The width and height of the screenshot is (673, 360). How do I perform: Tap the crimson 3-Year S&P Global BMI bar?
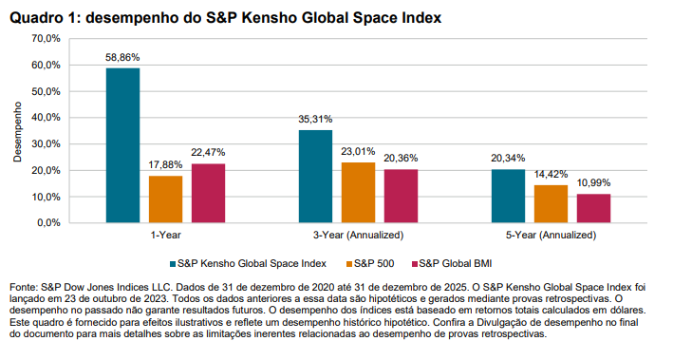click(401, 197)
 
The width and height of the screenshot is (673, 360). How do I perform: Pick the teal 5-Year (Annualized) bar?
click(508, 197)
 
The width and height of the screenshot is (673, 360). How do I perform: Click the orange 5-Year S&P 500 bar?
click(551, 204)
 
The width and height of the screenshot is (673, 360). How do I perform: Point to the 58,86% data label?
click(122, 58)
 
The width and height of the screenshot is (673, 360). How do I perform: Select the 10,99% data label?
click(594, 183)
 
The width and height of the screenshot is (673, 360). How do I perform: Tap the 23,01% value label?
click(358, 152)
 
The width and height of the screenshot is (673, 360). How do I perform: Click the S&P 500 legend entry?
click(375, 262)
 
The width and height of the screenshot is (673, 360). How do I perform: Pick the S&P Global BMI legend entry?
click(461, 262)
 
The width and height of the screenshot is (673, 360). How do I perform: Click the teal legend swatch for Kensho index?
click(172, 262)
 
